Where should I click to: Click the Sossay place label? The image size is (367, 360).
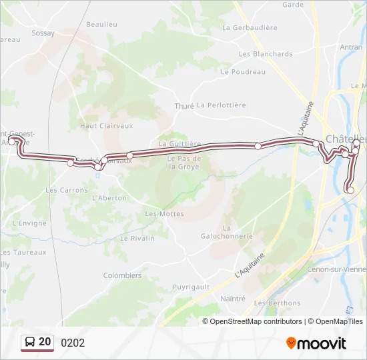pos(43,33)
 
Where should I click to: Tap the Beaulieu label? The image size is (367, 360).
pos(101,24)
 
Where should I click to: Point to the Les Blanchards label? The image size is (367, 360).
pos(266,54)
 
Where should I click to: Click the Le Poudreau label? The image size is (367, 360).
pos(243,72)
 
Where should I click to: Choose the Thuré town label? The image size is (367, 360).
pos(183,106)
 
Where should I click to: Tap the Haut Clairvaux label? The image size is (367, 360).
pos(107,125)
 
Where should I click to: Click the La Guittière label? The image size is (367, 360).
pos(179,144)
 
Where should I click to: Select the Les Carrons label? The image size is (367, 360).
pos(67,190)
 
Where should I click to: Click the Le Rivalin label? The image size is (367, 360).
pos(137,238)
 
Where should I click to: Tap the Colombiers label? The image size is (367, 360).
pos(122,275)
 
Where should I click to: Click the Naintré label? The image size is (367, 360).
pos(233,299)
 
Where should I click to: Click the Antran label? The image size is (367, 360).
pos(351,47)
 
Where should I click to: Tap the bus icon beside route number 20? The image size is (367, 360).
pos(30,343)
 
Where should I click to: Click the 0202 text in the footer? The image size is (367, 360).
pos(73,343)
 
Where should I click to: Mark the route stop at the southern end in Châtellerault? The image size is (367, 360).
pos(350,191)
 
